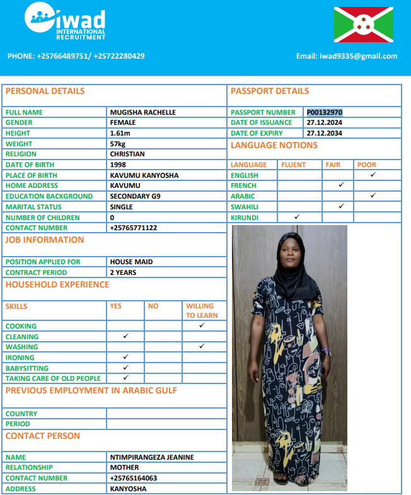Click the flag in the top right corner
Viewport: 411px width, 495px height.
click(x=364, y=25)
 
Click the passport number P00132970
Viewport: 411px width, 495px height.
click(x=325, y=112)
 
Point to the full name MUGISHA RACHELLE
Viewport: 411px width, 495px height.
click(x=143, y=112)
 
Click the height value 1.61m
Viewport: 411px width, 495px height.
click(x=120, y=133)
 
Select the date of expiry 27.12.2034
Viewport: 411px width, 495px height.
click(x=325, y=133)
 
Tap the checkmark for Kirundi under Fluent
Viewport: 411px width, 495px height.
click(x=297, y=217)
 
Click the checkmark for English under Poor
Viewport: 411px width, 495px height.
click(x=373, y=175)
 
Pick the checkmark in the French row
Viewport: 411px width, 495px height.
click(x=341, y=185)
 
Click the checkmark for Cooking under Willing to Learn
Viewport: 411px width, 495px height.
click(x=201, y=325)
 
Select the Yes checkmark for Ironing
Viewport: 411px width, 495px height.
click(x=125, y=358)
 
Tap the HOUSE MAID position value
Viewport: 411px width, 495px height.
click(x=132, y=262)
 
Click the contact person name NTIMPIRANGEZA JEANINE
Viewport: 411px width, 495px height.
click(x=152, y=457)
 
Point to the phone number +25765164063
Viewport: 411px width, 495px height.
click(x=134, y=478)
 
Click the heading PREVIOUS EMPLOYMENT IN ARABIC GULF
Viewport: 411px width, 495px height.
click(x=91, y=390)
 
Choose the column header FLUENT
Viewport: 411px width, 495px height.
click(x=293, y=165)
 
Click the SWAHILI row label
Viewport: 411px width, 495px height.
click(x=244, y=207)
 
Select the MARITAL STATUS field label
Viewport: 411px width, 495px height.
click(x=33, y=207)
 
